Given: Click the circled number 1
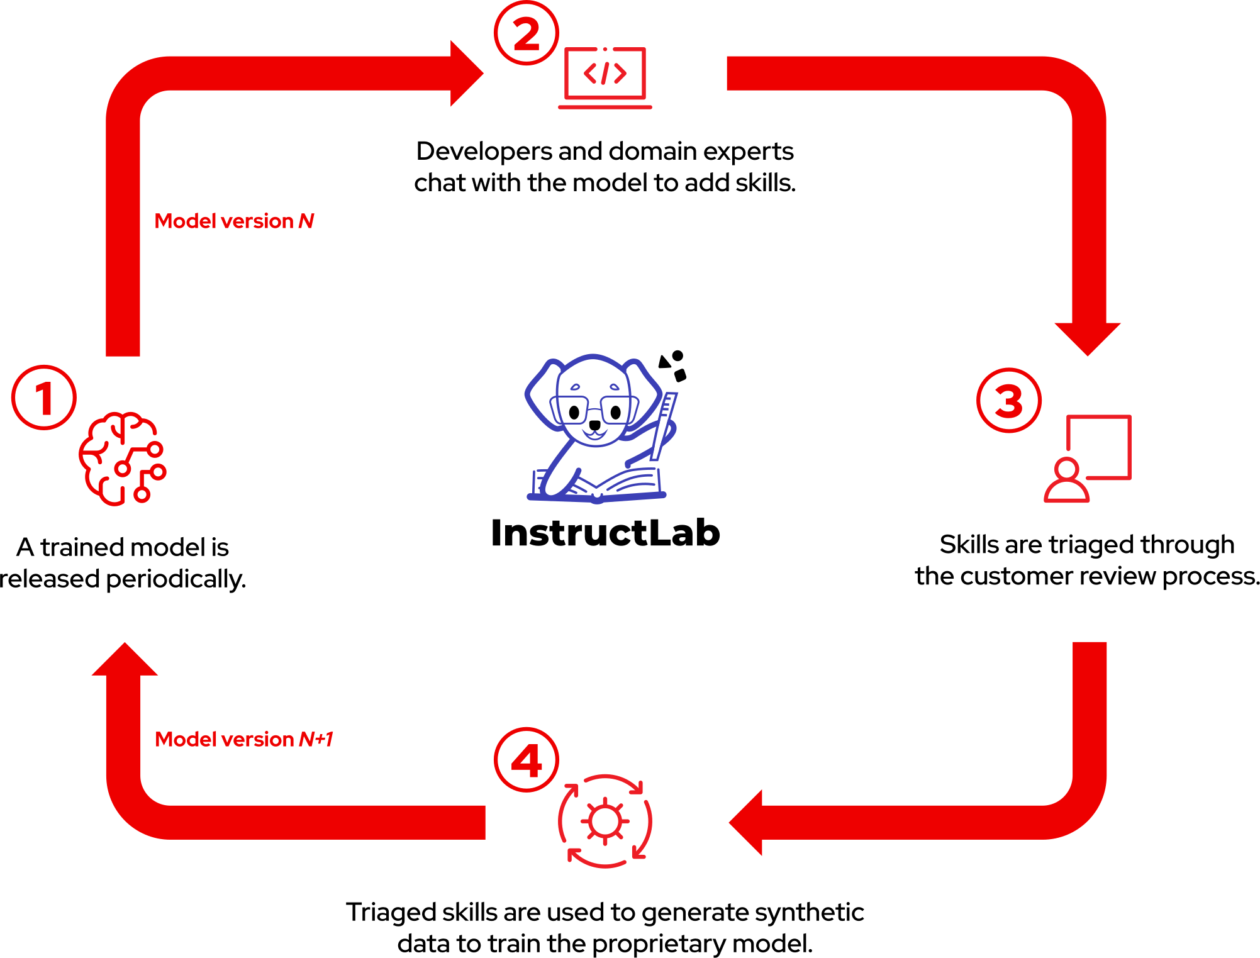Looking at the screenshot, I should (44, 398).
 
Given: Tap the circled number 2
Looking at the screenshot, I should (527, 33).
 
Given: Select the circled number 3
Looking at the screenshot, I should (1009, 400).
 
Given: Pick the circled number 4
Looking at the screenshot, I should (527, 760).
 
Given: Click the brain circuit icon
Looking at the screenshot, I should (123, 459).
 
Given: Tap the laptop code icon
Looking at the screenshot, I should (605, 77).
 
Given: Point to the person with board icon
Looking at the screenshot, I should (1088, 459).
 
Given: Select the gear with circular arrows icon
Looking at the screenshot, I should (605, 821).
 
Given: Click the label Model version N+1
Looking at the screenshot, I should (244, 739).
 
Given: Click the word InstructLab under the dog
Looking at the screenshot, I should (605, 533).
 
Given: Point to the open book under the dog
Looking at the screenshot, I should (598, 486).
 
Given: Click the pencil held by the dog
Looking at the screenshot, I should (664, 425).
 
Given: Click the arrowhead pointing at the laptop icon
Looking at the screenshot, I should (466, 74).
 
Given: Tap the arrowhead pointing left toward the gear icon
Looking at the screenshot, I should (747, 822).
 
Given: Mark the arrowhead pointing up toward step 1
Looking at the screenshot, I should (125, 660).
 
